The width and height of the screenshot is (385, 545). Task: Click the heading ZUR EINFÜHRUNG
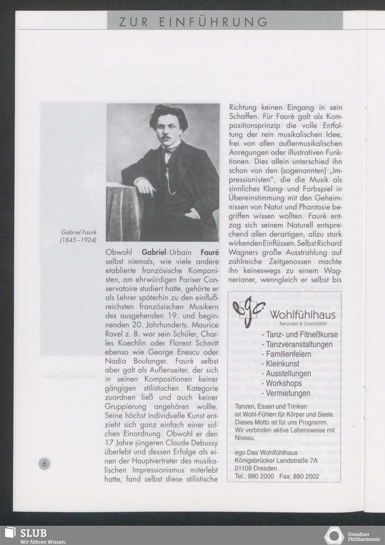coord(193,22)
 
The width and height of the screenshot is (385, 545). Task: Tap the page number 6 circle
coord(44,464)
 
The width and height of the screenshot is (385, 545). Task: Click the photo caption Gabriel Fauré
coord(79,233)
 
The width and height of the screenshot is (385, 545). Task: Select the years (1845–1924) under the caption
coord(78,241)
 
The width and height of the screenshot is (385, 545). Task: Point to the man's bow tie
coord(167,150)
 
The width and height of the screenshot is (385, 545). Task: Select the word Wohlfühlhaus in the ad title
coord(303,315)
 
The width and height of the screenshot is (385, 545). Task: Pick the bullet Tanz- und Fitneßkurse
coord(300,335)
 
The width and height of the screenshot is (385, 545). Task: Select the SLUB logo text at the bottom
coord(33,533)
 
